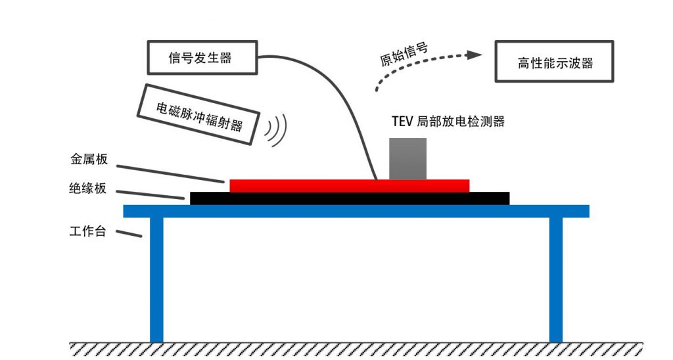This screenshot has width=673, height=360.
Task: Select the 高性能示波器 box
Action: point(554,63)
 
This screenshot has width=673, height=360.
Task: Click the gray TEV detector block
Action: point(407,158)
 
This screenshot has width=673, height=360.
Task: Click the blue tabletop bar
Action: point(356,211)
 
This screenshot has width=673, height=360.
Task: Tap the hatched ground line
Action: point(355,349)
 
